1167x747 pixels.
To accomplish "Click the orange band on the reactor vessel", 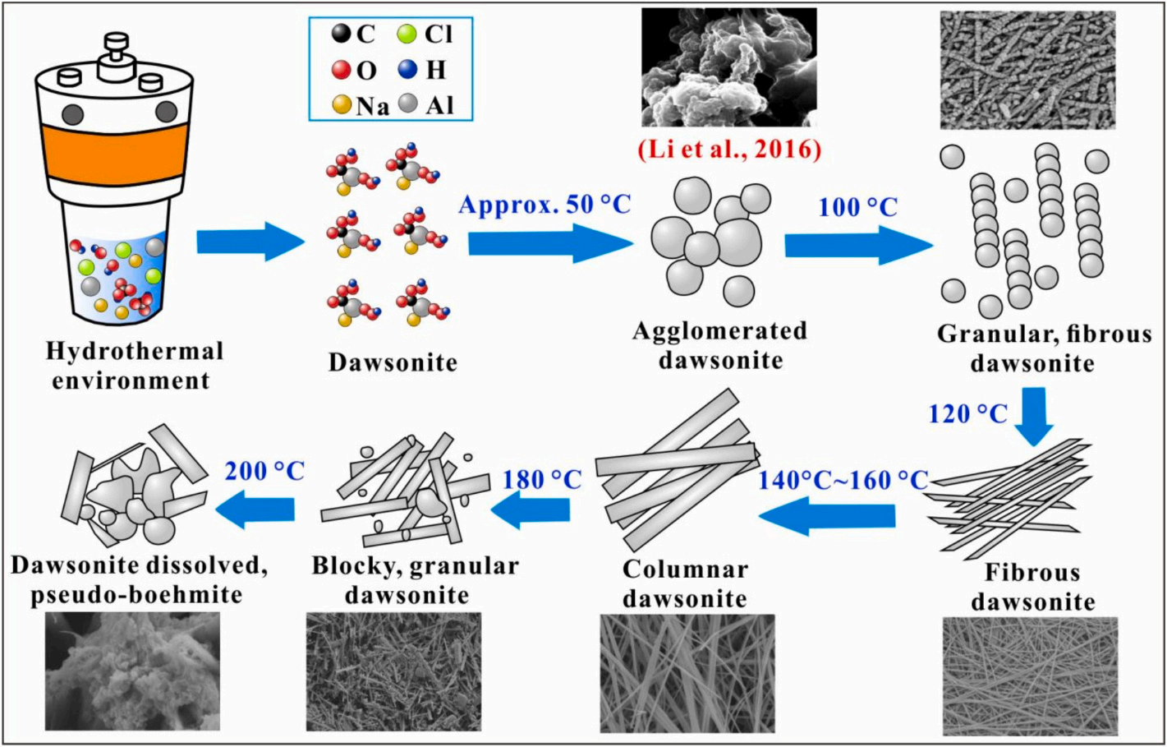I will (x=114, y=153).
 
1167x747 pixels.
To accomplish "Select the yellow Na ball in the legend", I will (x=342, y=105).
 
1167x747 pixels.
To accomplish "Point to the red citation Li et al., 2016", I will (x=728, y=149).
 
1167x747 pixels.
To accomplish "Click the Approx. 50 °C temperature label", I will (x=544, y=204).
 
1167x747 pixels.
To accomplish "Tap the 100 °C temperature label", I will (x=857, y=207).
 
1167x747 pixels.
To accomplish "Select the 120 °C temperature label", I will (x=967, y=413).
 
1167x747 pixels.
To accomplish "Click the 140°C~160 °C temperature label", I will (x=843, y=480).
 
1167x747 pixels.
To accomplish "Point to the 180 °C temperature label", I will (x=541, y=479).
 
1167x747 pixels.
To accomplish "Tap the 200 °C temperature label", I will (x=264, y=471).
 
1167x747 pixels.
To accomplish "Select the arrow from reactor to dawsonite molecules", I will (x=250, y=243).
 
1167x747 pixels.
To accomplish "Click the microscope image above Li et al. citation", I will (x=728, y=67).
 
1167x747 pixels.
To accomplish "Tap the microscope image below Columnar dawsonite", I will (x=687, y=673).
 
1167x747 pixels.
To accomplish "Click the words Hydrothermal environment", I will (x=134, y=366).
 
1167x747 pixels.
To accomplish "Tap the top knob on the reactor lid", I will (x=116, y=41).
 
